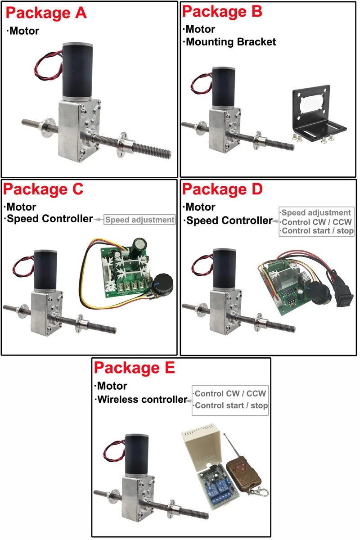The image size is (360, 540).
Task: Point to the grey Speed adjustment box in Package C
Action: (x=139, y=220)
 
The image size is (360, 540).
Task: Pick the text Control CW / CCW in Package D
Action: (x=316, y=222)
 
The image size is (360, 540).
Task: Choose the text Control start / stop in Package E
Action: (x=231, y=405)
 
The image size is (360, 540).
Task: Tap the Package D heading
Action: (x=222, y=189)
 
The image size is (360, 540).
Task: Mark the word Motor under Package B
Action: (x=201, y=30)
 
